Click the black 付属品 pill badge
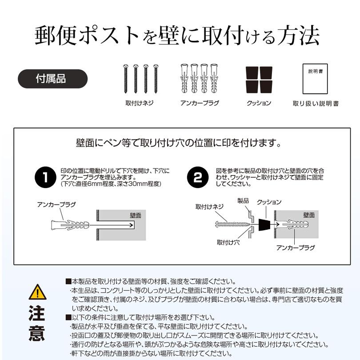tap(52, 79)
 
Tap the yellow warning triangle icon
tap(37, 292)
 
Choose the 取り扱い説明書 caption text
tap(316, 104)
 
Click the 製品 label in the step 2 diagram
tap(243, 201)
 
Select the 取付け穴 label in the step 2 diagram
tap(228, 243)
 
